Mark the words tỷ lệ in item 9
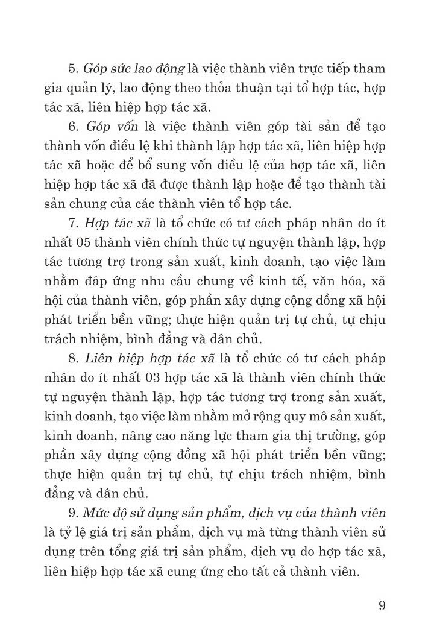click(73, 532)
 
